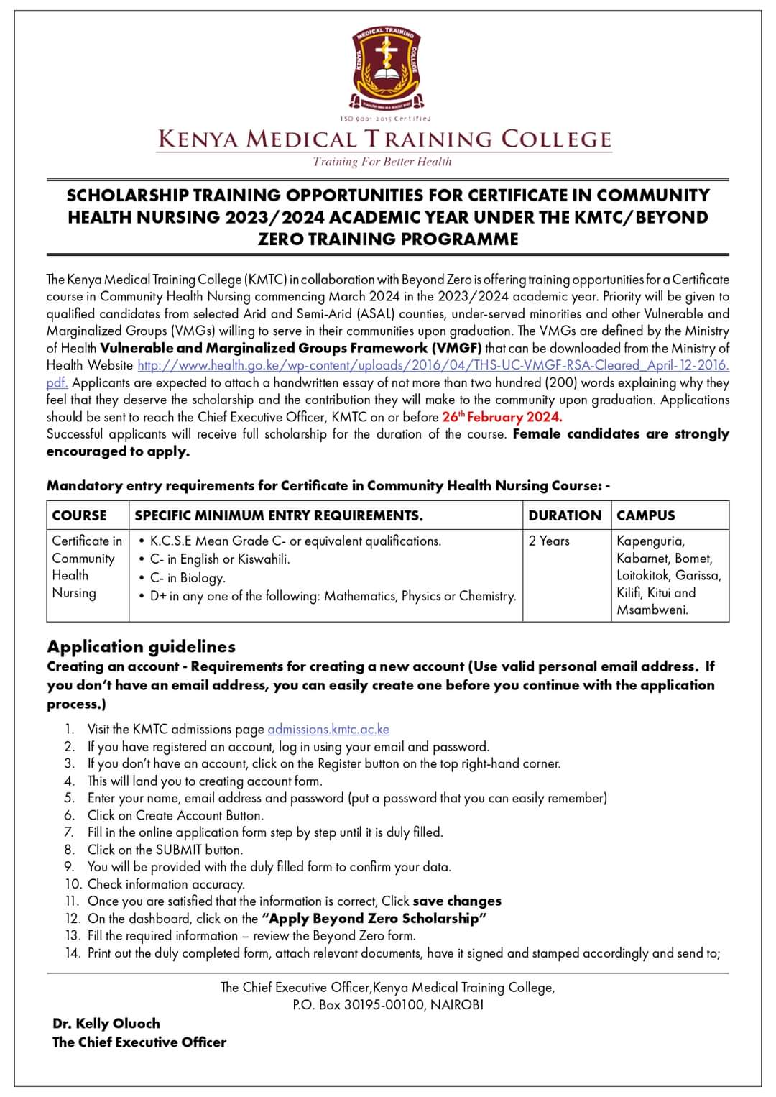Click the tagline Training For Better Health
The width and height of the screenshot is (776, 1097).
382,162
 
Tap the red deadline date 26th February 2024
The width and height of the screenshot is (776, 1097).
502,417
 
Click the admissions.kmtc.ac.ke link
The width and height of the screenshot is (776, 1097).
328,729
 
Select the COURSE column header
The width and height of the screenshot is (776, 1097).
79,515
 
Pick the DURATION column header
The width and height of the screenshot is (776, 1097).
564,515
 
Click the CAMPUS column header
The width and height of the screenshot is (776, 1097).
645,515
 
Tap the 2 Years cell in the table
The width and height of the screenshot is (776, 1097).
549,541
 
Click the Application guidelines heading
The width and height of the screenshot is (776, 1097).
141,646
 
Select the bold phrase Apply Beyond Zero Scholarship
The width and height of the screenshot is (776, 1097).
374,919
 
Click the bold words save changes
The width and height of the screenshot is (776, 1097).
457,901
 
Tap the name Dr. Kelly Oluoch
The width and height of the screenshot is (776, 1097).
106,1023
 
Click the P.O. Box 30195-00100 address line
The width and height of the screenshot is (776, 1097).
387,1005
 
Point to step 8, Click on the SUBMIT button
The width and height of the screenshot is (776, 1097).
165,850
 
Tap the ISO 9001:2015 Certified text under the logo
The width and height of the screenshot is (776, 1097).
387,119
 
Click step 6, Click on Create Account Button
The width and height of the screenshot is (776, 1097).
175,815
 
